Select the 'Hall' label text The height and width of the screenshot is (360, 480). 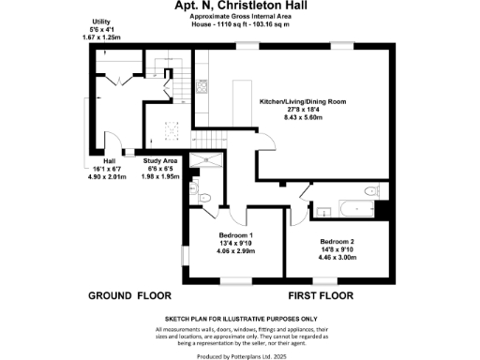coord(109,160)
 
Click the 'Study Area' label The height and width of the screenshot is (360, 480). coord(157,160)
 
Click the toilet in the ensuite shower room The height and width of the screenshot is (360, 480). coord(204,195)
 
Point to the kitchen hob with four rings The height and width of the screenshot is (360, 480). coord(172,130)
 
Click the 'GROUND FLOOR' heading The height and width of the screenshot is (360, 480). coord(128,295)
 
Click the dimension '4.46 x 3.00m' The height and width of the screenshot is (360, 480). coord(337,257)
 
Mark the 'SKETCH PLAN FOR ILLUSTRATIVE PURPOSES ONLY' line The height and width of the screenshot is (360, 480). coord(241,319)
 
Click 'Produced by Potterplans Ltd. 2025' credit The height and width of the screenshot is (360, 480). coord(241,355)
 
